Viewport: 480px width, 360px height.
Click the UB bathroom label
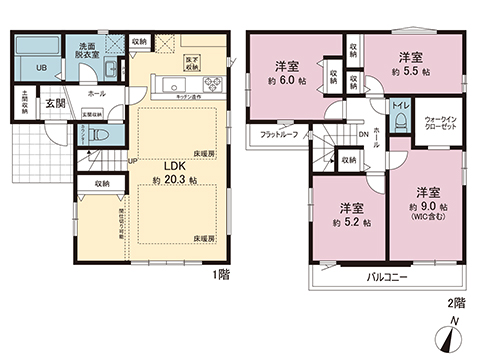click(x=41, y=68)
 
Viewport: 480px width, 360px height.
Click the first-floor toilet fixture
click(x=91, y=132)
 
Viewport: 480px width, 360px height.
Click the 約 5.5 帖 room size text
click(x=412, y=73)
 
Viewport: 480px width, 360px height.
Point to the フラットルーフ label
click(x=279, y=134)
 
